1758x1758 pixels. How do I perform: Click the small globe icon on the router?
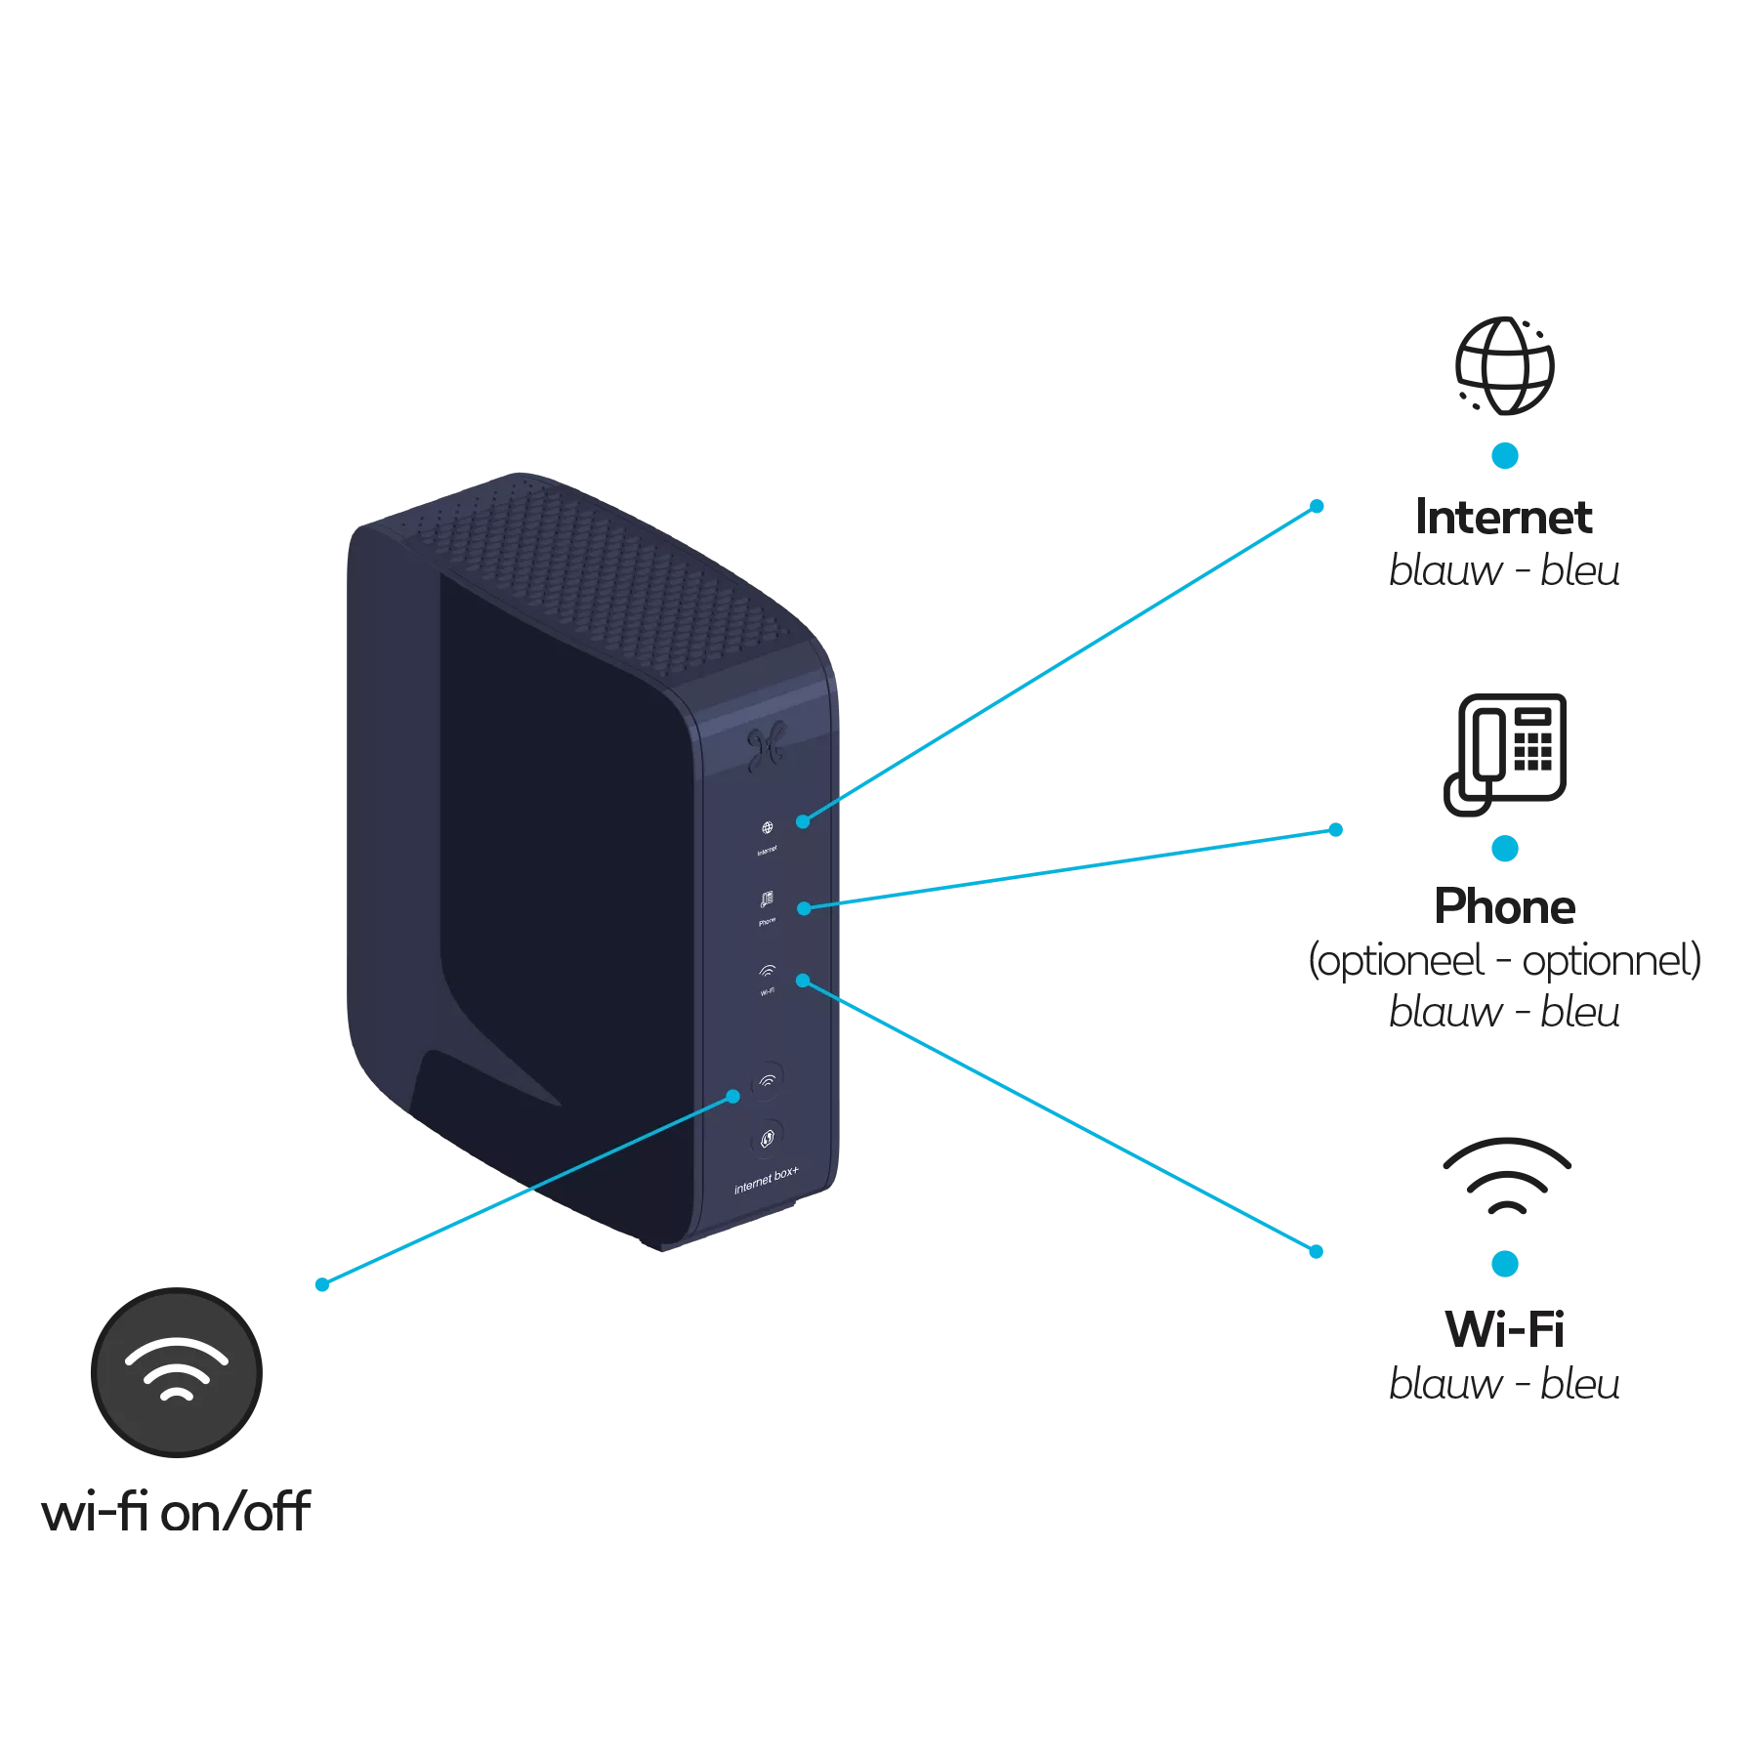pos(768,828)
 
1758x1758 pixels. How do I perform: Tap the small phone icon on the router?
pos(768,899)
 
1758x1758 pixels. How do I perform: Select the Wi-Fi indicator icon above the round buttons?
pos(768,971)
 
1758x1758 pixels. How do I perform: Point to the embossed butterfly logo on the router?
pos(765,747)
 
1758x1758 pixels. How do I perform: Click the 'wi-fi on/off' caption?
pos(176,1513)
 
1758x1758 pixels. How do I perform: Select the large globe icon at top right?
pos(1503,365)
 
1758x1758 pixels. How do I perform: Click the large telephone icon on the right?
pos(1505,751)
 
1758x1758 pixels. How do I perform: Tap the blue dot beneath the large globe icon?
pos(1504,455)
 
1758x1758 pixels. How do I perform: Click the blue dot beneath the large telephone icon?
pos(1505,848)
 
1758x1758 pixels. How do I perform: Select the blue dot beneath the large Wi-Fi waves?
pos(1505,1265)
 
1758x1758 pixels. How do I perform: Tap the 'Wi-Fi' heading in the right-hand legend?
pos(1505,1329)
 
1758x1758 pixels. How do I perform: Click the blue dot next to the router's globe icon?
pos(803,821)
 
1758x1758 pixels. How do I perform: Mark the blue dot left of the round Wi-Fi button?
pos(733,1097)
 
